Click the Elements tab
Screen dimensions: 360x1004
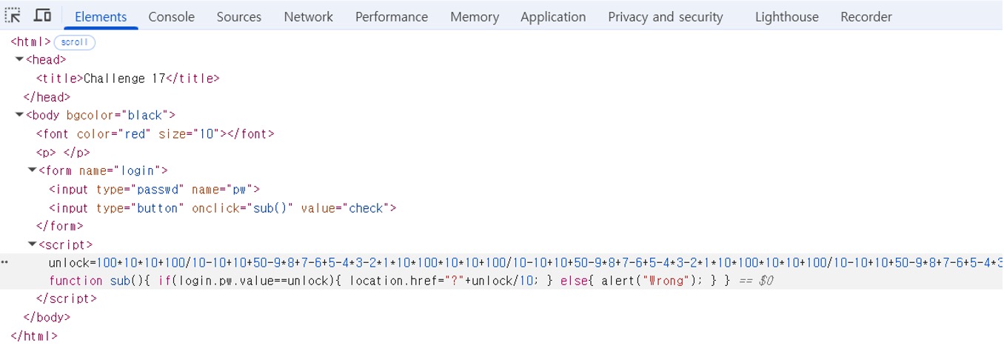(x=101, y=16)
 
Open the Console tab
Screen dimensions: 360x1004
(x=171, y=16)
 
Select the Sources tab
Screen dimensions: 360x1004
(x=238, y=16)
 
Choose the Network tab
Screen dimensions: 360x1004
(x=308, y=16)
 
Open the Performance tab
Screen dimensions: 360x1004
(x=391, y=16)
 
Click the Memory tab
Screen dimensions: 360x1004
(x=474, y=16)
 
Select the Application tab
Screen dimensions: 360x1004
(x=552, y=16)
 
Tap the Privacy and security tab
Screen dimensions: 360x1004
(x=665, y=16)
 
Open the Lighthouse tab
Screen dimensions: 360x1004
(x=786, y=16)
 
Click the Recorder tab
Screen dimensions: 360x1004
(x=866, y=16)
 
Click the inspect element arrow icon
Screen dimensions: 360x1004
(x=13, y=16)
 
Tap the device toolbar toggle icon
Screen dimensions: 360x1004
(x=42, y=16)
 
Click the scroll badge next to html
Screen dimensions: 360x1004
(x=74, y=42)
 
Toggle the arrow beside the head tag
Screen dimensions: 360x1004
(x=19, y=60)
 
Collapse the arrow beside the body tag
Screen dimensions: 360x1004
(x=19, y=115)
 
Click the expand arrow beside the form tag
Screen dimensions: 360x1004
(x=32, y=170)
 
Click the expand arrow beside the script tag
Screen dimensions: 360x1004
(x=32, y=244)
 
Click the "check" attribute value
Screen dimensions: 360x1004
(x=366, y=208)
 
